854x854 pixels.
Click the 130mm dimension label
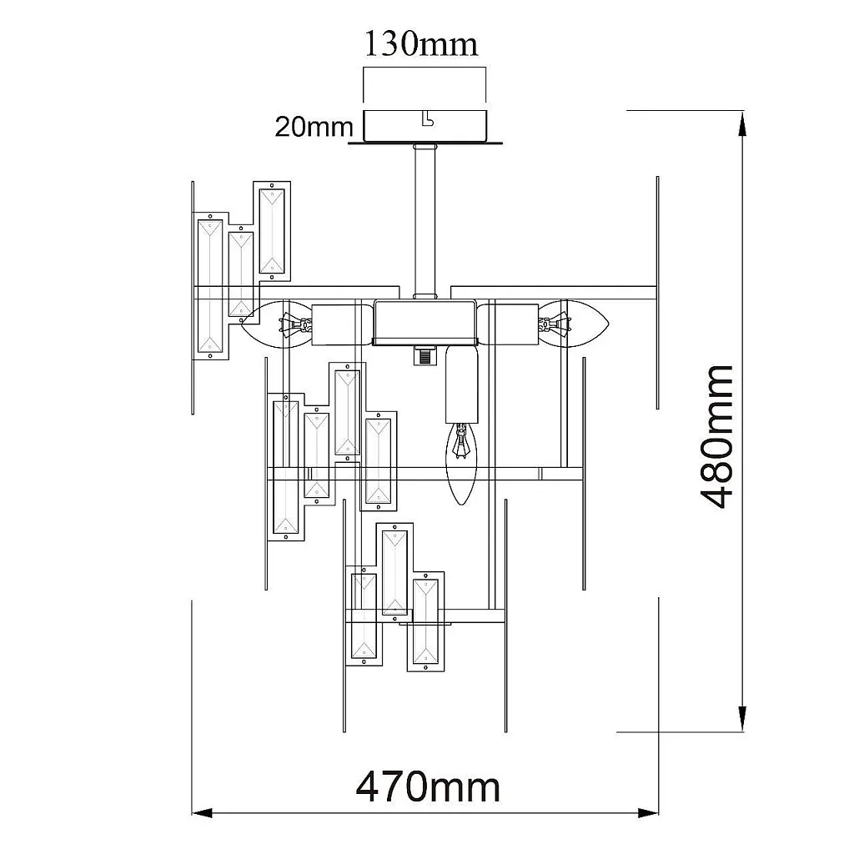[x=421, y=43]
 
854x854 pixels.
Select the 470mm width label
[x=428, y=786]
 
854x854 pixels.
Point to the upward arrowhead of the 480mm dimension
[x=741, y=121]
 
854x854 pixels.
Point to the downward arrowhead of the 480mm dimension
[x=741, y=721]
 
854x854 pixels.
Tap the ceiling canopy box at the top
[x=424, y=125]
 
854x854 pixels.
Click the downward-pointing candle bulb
[x=460, y=463]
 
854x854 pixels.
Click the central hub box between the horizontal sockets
[x=424, y=322]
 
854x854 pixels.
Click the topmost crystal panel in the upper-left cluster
[x=273, y=229]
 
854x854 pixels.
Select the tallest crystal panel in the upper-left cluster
[x=210, y=286]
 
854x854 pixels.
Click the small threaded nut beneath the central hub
[x=424, y=356]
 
